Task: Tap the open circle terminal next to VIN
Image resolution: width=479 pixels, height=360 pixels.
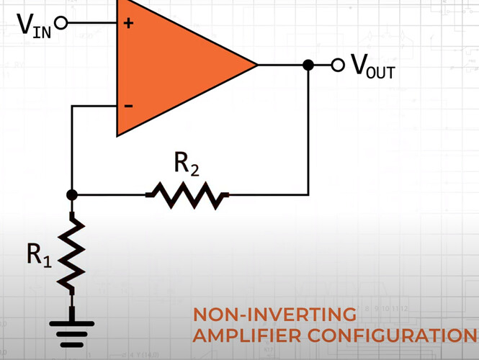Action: click(61, 23)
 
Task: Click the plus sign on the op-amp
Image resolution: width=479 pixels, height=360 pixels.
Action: click(129, 23)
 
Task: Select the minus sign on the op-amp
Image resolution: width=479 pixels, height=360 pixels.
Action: click(128, 106)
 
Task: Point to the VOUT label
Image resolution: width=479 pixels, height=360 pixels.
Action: click(372, 66)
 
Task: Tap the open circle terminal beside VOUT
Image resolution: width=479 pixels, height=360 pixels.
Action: click(338, 65)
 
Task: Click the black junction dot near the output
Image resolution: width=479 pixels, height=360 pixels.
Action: click(308, 65)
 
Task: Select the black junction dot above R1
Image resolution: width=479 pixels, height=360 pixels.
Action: click(71, 194)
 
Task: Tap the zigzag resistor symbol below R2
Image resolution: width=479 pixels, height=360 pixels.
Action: click(187, 194)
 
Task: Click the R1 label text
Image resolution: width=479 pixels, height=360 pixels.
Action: click(40, 253)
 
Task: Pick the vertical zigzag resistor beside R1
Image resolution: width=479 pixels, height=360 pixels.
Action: click(72, 253)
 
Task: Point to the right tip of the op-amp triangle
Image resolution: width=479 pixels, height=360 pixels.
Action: click(256, 65)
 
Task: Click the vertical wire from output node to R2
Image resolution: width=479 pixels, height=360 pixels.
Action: click(308, 130)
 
